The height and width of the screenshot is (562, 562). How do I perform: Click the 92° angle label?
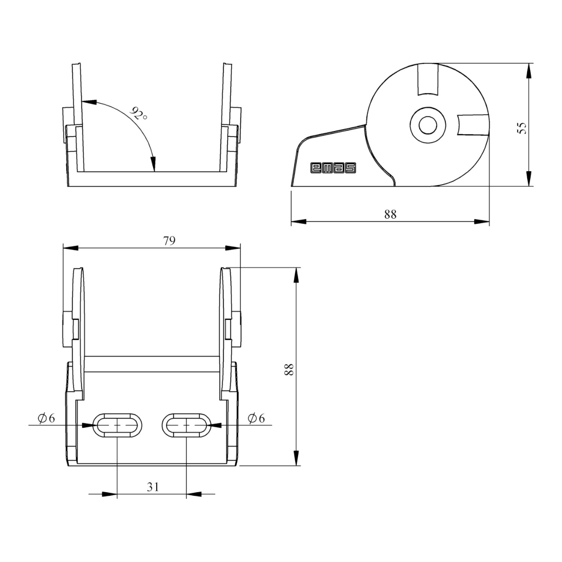tap(139, 113)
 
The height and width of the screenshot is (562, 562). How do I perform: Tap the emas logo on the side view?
tap(333, 168)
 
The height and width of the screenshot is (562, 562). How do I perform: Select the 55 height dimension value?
tap(522, 128)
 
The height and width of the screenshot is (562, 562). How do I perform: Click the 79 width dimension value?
tap(169, 241)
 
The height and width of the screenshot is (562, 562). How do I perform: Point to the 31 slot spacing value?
tap(153, 487)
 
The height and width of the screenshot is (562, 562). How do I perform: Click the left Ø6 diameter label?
tap(46, 418)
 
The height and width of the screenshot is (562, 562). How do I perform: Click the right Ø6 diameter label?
tap(256, 418)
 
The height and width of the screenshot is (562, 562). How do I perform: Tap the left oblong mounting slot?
tap(118, 425)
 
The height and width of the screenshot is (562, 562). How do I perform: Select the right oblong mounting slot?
tap(187, 425)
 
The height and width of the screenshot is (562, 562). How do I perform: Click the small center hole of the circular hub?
tap(427, 125)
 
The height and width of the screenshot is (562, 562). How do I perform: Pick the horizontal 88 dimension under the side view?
tap(390, 214)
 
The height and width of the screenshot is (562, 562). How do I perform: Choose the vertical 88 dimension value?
tap(289, 369)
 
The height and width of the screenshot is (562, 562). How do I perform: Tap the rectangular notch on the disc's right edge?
tap(473, 125)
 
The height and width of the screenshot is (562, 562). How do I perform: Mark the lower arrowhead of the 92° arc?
tap(153, 164)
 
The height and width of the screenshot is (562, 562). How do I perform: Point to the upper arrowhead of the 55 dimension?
tap(529, 71)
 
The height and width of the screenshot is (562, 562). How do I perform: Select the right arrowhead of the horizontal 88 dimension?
tap(482, 222)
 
